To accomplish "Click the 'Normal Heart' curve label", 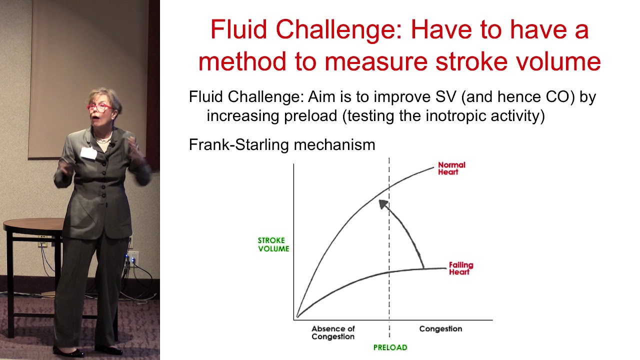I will (x=451, y=168).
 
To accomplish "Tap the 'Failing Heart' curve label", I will (x=460, y=268).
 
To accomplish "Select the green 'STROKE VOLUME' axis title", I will (x=273, y=244).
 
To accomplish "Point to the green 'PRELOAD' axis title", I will (x=390, y=347).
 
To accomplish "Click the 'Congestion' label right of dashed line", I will (x=440, y=329).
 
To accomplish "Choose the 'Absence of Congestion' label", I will (x=333, y=332).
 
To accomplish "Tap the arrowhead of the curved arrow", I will (x=382, y=203).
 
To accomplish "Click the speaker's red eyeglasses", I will (x=99, y=107).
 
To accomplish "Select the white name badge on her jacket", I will (x=89, y=153).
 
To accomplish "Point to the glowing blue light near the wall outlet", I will (x=132, y=259).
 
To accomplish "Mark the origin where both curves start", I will (x=297, y=316).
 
